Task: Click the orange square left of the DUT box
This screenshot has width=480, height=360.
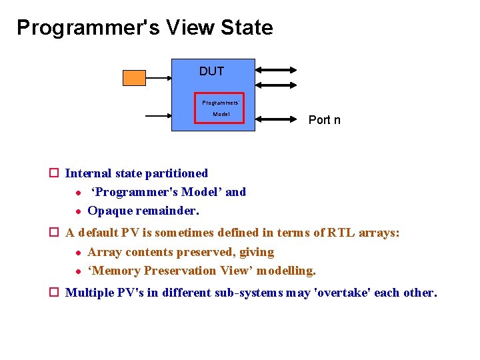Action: coord(134,77)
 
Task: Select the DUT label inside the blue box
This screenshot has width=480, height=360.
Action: coord(211,71)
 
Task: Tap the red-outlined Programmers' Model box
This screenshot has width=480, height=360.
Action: coord(221,108)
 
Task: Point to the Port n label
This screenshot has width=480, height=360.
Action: coord(324,120)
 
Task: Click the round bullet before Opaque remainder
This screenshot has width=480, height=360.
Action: coord(78,211)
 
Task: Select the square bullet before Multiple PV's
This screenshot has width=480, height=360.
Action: coord(55,293)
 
